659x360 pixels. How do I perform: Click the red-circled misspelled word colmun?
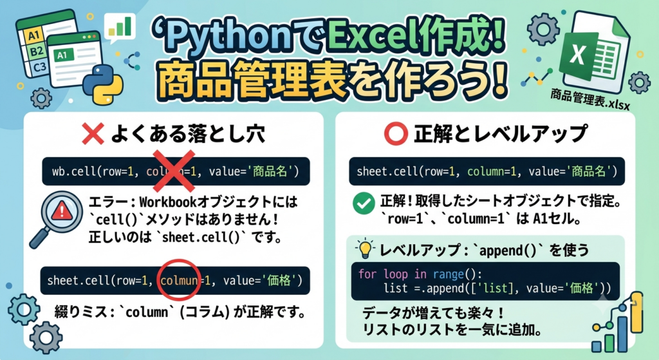[x=179, y=281]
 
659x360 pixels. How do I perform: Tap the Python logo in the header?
[x=103, y=84]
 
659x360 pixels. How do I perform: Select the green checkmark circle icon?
[x=364, y=204]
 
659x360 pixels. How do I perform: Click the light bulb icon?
[x=366, y=249]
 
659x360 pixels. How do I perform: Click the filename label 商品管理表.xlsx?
[x=590, y=99]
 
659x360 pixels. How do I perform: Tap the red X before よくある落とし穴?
[x=93, y=134]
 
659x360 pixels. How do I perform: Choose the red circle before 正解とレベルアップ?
[x=396, y=134]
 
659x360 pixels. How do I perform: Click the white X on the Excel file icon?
[x=578, y=54]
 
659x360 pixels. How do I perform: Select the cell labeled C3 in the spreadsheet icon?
[x=39, y=67]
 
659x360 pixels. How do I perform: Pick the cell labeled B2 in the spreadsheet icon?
[x=37, y=52]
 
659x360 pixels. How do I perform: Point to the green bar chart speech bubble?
[x=120, y=28]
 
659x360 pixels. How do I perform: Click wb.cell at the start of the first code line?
[x=71, y=171]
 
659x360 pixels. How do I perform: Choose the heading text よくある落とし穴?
[x=187, y=134]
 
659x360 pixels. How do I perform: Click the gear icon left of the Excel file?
[x=543, y=29]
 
